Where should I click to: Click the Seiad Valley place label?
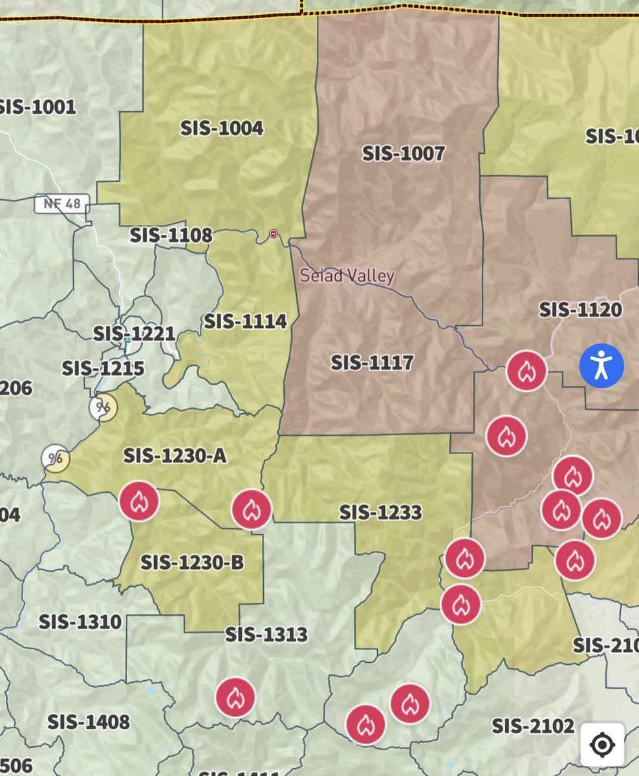click(347, 276)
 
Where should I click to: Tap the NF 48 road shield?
click(62, 204)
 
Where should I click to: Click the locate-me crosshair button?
click(601, 745)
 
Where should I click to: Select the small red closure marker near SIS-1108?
click(274, 233)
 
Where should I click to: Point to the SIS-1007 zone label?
click(403, 153)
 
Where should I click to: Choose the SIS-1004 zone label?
click(222, 128)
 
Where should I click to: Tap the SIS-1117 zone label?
click(372, 362)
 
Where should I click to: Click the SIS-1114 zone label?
click(245, 321)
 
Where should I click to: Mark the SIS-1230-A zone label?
click(175, 456)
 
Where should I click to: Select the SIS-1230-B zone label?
click(192, 562)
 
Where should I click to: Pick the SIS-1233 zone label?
click(380, 512)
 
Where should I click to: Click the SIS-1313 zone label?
click(266, 634)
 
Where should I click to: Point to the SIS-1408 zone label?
click(89, 721)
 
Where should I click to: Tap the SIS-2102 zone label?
click(533, 726)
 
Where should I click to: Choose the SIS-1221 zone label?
click(134, 334)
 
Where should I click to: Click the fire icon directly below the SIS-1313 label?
click(235, 697)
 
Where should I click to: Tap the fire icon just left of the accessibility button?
click(526, 371)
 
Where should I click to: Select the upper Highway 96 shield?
click(103, 407)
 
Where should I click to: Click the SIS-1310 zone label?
click(80, 621)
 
